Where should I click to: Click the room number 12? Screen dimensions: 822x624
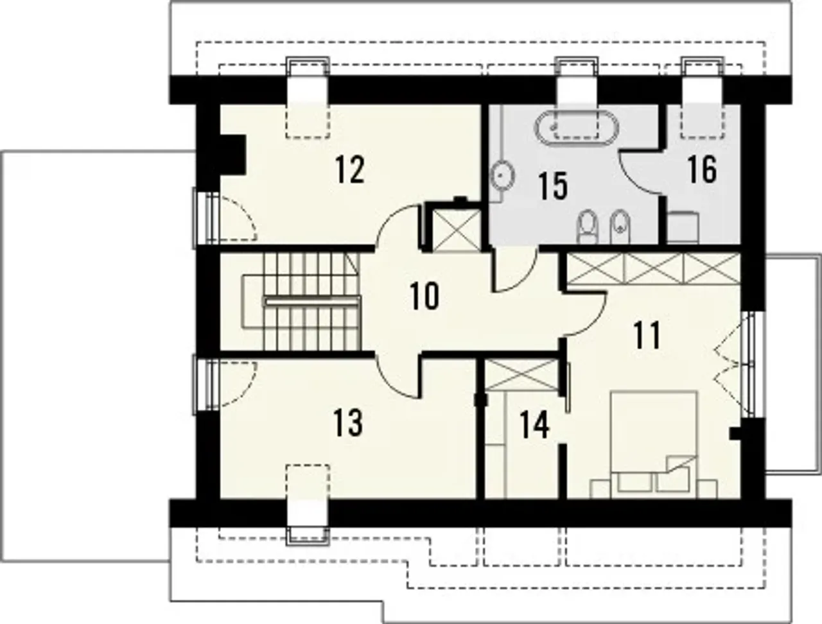(350, 170)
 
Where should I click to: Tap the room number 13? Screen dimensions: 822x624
(348, 422)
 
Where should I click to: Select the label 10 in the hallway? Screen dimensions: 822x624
(424, 297)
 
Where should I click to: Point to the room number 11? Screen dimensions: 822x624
(647, 336)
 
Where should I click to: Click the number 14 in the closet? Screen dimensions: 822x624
(535, 424)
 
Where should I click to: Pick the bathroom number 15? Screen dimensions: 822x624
(553, 186)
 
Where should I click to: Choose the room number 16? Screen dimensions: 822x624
(702, 170)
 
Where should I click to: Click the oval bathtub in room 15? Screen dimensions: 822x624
(577, 127)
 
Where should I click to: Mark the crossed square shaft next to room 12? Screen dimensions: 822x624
(456, 229)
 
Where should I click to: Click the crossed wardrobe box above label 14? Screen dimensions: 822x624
(521, 375)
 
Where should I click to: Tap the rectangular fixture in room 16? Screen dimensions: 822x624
(683, 228)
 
